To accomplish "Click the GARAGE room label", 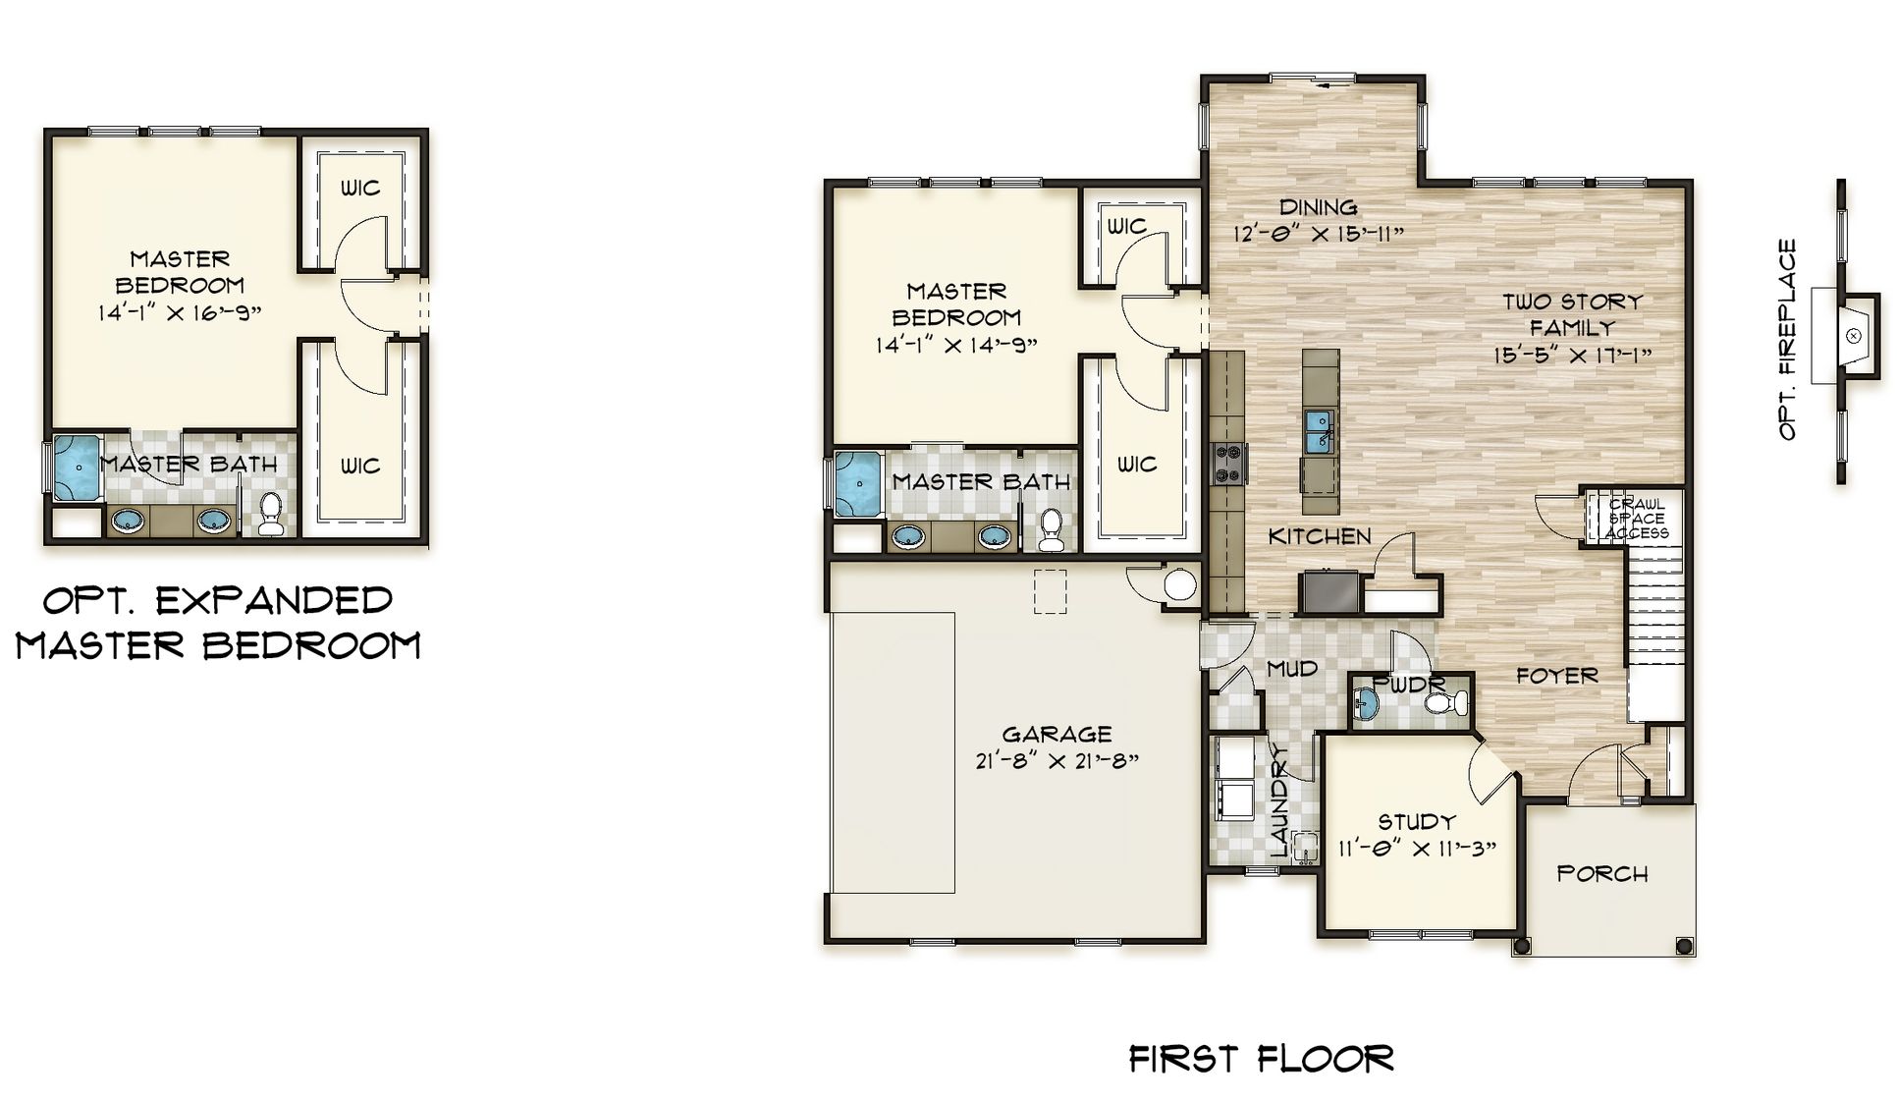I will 1057,734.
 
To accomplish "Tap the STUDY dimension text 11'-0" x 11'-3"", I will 1416,849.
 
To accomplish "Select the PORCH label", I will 1601,873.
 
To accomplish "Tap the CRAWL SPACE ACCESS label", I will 1636,519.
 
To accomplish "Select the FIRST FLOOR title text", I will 1261,1059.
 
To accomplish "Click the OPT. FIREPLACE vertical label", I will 1787,339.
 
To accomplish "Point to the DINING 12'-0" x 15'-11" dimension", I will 1319,234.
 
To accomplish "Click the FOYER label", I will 1556,676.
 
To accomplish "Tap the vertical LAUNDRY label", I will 1278,800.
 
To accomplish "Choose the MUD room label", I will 1291,669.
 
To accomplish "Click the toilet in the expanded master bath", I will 270,514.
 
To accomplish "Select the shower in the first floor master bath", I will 859,483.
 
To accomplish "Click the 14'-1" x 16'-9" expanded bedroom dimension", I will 179,312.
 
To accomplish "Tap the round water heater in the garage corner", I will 1179,584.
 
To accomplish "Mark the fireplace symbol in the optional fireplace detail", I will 1853,336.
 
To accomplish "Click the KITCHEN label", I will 1319,536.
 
